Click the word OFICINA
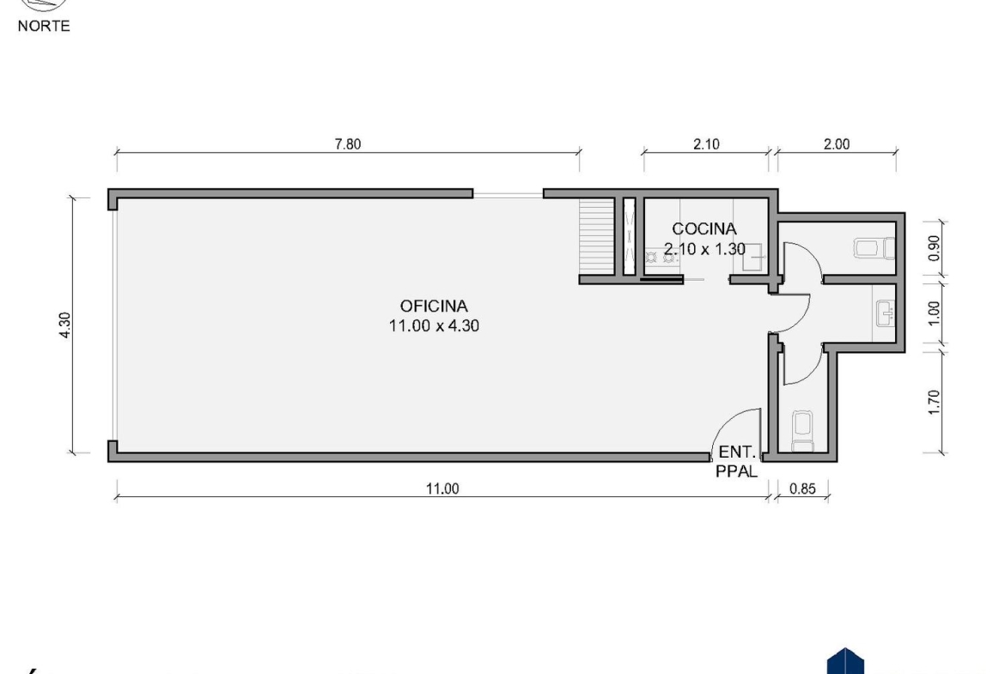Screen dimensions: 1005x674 [434, 307]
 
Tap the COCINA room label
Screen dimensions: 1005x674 [703, 228]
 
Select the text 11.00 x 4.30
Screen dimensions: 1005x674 [434, 326]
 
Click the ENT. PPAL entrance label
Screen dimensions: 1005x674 [737, 461]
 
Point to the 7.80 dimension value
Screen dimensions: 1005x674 [348, 144]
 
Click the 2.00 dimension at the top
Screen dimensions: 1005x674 [837, 144]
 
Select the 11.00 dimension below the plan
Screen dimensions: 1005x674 [442, 489]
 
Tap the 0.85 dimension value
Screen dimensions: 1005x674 [802, 489]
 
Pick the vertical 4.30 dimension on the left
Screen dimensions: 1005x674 [64, 325]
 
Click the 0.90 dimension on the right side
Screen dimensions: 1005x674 [934, 248]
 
